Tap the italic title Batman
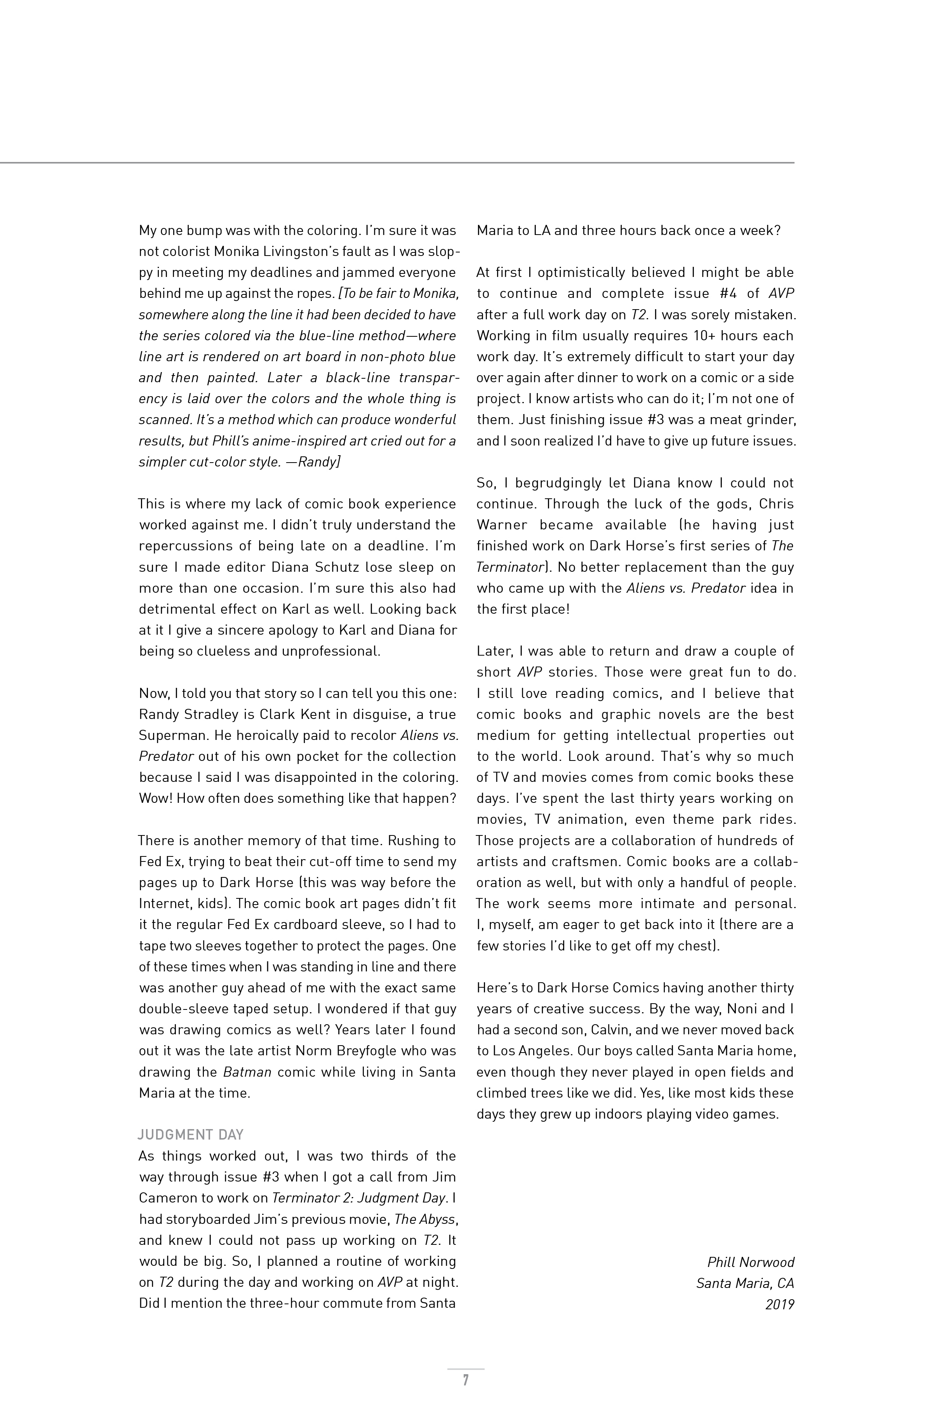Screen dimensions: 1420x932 247,1072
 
